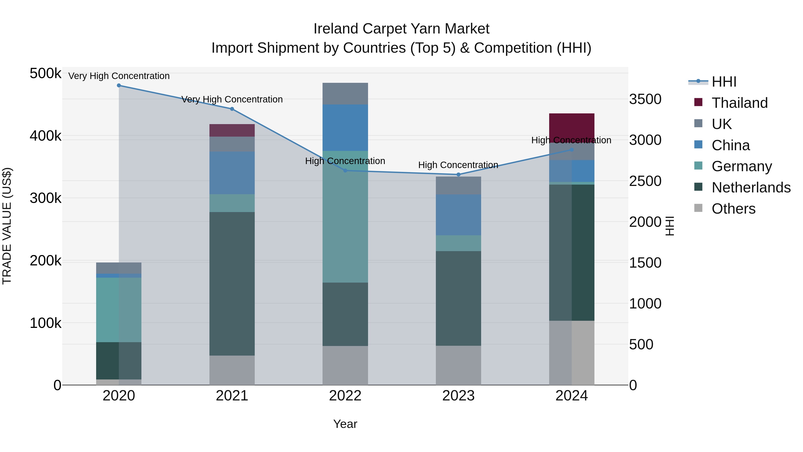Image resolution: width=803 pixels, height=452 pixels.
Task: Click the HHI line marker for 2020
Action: click(x=119, y=85)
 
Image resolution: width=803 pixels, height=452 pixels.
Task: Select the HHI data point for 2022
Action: click(x=345, y=171)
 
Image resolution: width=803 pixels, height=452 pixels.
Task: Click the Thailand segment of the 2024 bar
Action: click(x=571, y=125)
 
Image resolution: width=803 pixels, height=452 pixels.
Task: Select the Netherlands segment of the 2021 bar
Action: click(x=232, y=284)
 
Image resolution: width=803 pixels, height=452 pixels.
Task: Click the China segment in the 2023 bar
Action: click(x=458, y=215)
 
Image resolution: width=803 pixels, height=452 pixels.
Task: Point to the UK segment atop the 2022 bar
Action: click(x=345, y=94)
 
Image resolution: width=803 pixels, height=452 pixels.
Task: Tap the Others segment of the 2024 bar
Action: click(x=571, y=352)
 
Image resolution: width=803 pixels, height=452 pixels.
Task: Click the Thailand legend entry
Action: click(x=739, y=103)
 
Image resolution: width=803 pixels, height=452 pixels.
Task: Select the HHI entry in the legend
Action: click(x=724, y=82)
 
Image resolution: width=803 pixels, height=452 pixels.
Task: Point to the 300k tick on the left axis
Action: click(x=46, y=198)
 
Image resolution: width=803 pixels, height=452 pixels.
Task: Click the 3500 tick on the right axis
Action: click(x=645, y=99)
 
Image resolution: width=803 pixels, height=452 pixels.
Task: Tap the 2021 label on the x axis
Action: click(x=232, y=396)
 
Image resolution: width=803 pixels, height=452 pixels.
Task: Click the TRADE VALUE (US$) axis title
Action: click(x=7, y=226)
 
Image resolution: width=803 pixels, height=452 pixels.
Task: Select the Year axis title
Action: click(x=345, y=424)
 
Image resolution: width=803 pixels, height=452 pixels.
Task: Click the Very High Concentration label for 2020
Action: click(x=119, y=76)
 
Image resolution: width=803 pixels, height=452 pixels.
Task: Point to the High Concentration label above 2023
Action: click(x=458, y=165)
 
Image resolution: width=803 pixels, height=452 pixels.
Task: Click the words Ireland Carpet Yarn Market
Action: click(x=401, y=29)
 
